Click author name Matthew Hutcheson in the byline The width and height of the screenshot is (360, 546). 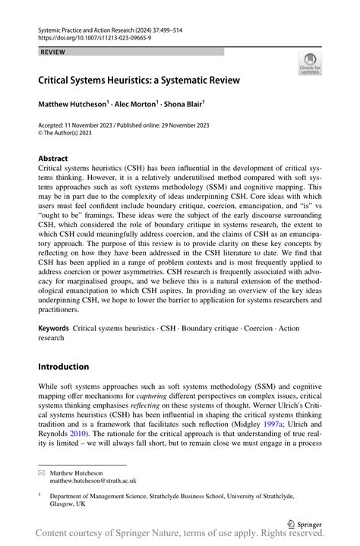click(74, 103)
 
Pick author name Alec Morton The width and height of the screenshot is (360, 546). click(136, 103)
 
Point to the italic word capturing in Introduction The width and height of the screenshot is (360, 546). click(157, 396)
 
